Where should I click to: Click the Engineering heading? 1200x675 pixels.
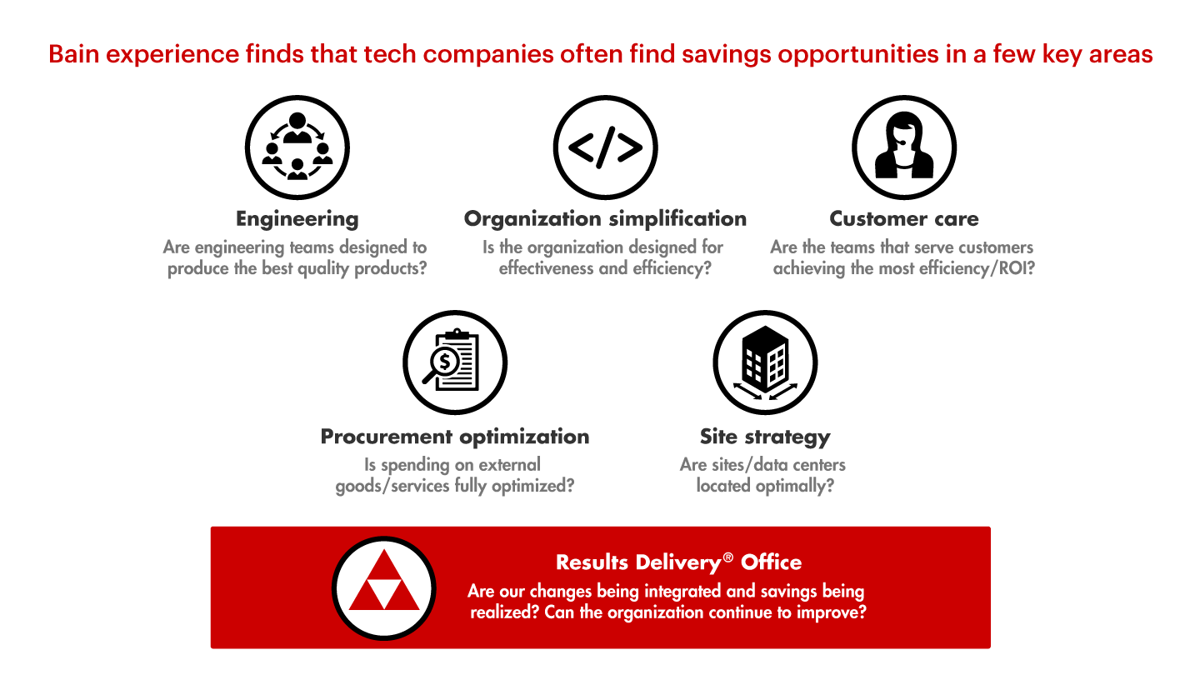coord(297,219)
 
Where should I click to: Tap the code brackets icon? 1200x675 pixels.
coord(605,147)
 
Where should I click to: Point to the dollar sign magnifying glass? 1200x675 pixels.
coord(444,365)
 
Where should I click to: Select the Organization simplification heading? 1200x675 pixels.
coord(605,218)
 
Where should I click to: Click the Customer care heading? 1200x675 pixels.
coord(903,218)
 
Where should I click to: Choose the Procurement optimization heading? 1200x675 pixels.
coord(455,437)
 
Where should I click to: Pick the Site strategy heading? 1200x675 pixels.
coord(765,437)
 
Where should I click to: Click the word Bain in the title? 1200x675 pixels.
coord(74,54)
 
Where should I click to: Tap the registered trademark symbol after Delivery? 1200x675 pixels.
coord(728,557)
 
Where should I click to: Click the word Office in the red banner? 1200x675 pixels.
coord(772,562)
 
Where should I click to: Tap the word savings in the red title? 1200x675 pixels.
coord(726,55)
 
